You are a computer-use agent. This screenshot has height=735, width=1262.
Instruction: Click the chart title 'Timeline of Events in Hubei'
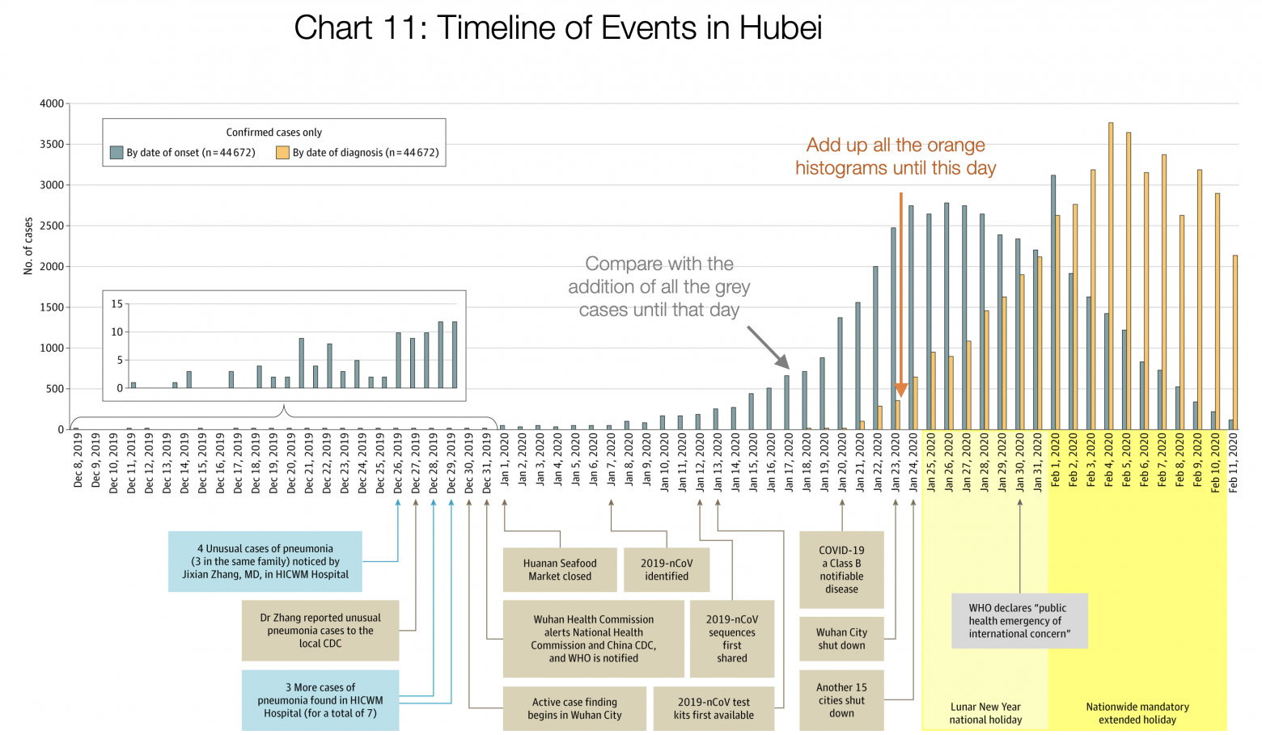pos(557,28)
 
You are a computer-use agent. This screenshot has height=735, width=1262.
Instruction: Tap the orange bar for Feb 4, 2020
pos(1111,275)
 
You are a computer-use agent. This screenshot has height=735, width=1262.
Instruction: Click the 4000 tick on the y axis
pos(52,103)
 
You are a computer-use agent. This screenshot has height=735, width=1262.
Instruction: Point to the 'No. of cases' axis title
pos(28,246)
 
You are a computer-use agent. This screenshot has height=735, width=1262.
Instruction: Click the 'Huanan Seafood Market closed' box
pos(560,570)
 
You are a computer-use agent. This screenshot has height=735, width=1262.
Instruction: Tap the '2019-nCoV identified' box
pos(667,570)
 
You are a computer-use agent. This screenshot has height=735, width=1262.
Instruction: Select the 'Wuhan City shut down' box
pos(841,639)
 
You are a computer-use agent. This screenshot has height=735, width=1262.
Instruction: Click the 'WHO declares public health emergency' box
pos(1019,621)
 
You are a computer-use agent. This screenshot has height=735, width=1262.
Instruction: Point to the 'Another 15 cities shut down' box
pos(841,700)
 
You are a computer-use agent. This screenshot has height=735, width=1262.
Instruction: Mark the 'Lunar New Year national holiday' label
pos(985,713)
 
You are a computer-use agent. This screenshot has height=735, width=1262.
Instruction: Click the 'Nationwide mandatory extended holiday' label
pos(1137,713)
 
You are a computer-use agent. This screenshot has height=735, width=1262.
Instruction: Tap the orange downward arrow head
pos(901,391)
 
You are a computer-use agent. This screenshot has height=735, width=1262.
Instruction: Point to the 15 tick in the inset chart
pos(117,304)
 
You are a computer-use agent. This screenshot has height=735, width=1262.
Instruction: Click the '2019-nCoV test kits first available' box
pos(714,708)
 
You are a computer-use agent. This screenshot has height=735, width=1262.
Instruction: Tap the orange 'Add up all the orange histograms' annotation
pos(896,156)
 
